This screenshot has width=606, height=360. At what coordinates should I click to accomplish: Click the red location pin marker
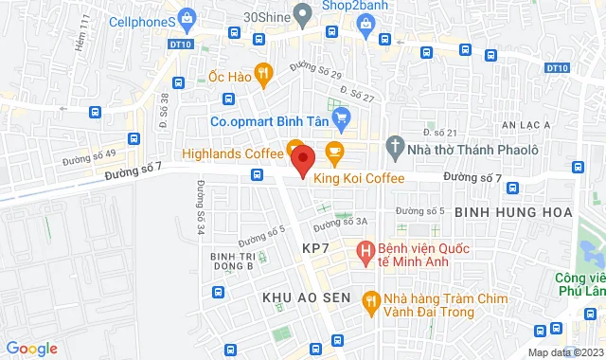point(302,158)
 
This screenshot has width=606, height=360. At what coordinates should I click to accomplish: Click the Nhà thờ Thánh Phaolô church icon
point(395,149)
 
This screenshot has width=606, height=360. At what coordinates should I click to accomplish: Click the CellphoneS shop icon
point(187,18)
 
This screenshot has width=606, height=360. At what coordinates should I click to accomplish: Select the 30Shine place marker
point(303,14)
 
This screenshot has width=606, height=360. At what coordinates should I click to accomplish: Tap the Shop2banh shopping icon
point(365,29)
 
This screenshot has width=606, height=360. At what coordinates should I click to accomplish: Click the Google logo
point(31,349)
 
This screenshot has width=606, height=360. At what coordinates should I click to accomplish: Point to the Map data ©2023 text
point(564,352)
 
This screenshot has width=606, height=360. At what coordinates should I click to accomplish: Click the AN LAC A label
point(526,124)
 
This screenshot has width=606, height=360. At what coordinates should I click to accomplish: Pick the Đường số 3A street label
point(340,223)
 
